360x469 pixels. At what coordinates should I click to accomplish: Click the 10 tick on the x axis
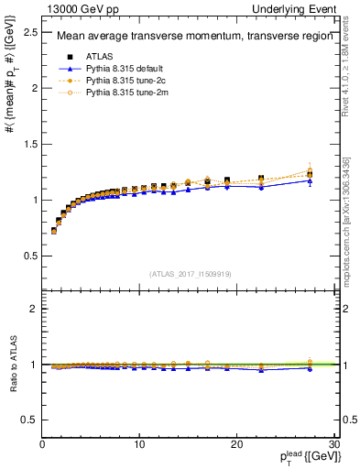(138, 444)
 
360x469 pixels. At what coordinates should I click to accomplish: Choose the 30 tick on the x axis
(333, 444)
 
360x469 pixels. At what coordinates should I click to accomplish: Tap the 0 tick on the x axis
(42, 444)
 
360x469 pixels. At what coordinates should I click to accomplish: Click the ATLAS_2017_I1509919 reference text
(189, 272)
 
